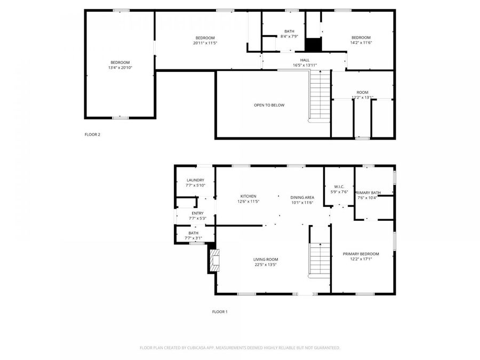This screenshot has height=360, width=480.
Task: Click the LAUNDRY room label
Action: (195, 180)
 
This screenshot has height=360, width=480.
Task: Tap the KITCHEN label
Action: (248, 196)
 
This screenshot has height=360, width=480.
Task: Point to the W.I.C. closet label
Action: (339, 187)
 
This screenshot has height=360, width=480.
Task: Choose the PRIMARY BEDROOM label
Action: (361, 254)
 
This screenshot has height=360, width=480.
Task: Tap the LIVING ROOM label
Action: (266, 259)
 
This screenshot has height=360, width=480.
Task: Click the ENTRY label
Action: (197, 213)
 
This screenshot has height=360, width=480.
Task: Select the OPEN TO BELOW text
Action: (269, 105)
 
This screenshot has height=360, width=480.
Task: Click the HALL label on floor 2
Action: (305, 60)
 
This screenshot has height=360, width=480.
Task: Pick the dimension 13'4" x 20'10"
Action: (120, 68)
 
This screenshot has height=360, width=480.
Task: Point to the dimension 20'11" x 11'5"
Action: (205, 43)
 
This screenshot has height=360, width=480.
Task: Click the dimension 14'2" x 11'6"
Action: (360, 43)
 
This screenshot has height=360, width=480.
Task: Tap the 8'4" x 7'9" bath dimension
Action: (289, 36)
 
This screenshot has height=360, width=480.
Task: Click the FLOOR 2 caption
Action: (92, 134)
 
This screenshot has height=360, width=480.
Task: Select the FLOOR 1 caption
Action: (219, 311)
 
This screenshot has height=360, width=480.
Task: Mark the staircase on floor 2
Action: (321, 96)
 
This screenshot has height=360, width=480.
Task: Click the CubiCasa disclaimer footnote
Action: (239, 348)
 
